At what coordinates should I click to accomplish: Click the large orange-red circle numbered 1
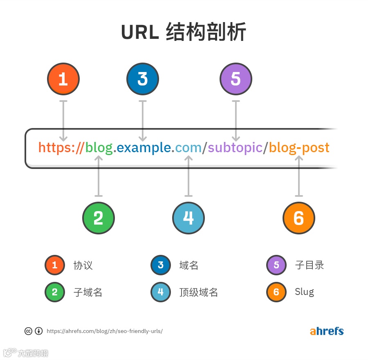[x=63, y=79]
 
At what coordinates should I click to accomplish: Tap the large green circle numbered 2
[x=99, y=218]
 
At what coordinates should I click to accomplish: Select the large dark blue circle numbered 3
[x=142, y=79]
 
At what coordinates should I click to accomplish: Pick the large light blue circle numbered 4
[x=188, y=218]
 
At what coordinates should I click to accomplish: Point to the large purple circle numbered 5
[x=236, y=79]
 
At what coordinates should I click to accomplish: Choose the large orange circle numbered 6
[x=299, y=218]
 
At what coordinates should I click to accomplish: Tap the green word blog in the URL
[x=99, y=147]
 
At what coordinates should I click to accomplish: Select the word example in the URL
[x=144, y=147]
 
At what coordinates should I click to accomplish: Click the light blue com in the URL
[x=188, y=147]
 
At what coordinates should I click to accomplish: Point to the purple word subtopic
[x=235, y=147]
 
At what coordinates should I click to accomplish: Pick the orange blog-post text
[x=299, y=147]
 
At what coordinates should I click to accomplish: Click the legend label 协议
[x=83, y=265]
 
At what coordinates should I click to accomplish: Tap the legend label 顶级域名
[x=199, y=292]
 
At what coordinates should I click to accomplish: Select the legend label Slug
[x=304, y=292]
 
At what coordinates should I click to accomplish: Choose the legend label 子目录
[x=310, y=265]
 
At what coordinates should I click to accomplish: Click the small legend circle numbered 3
[x=161, y=265]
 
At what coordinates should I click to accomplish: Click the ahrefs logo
[x=327, y=331]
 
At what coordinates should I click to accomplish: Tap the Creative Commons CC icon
[x=29, y=331]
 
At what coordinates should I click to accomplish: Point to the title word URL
[x=140, y=32]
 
